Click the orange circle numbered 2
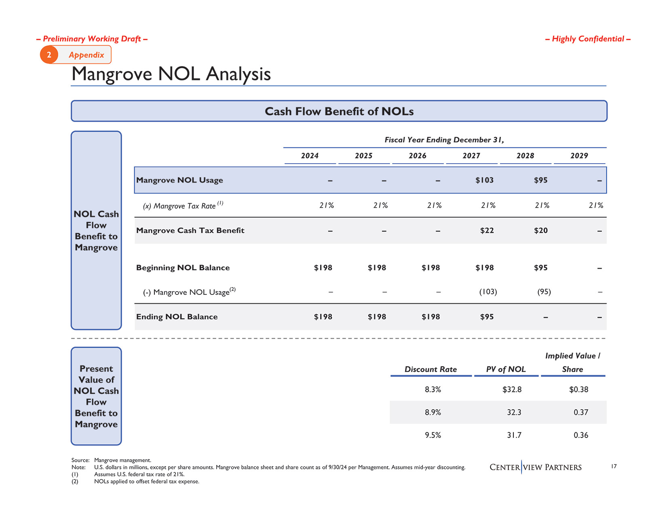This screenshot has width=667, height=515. click(x=49, y=55)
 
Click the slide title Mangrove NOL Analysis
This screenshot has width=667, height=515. click(x=171, y=74)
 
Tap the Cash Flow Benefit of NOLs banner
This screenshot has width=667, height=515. click(x=339, y=111)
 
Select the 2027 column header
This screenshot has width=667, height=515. click(x=471, y=156)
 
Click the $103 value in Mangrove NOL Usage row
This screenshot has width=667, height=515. click(x=484, y=180)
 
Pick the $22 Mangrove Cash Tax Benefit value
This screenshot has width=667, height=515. click(x=487, y=231)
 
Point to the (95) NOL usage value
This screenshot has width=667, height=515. click(x=544, y=292)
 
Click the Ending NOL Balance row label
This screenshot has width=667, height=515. click(x=177, y=317)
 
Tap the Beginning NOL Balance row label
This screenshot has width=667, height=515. click(x=183, y=268)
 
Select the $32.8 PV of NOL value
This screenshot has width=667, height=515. click(x=512, y=390)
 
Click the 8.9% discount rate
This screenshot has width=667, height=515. click(x=433, y=412)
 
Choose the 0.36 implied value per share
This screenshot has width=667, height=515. click(x=581, y=435)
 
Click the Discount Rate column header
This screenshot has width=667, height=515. click(x=431, y=370)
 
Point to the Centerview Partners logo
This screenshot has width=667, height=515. click(x=536, y=467)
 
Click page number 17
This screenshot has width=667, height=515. click(x=614, y=467)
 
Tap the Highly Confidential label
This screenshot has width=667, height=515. click(x=588, y=39)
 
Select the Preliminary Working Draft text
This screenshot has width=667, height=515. click(x=92, y=39)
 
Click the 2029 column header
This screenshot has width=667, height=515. click(x=579, y=156)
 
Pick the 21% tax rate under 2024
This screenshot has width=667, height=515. click(x=326, y=206)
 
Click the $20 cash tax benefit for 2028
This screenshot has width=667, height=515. click(x=540, y=231)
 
